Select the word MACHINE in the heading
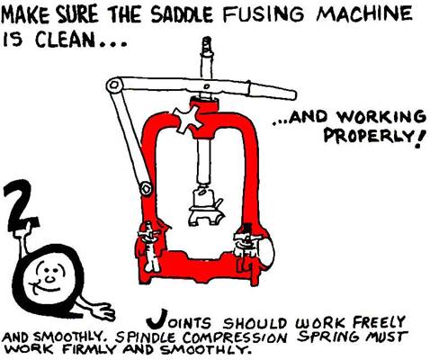pos(364,13)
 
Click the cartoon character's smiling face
pos(48,277)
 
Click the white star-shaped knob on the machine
pos(188,120)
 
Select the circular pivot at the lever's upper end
pos(114,85)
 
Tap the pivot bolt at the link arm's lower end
pos(146,189)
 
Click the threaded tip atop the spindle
pos(207,44)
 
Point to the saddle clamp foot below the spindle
pos(206,210)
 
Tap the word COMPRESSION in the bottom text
pos(235,337)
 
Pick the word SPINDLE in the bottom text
pos(145,338)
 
